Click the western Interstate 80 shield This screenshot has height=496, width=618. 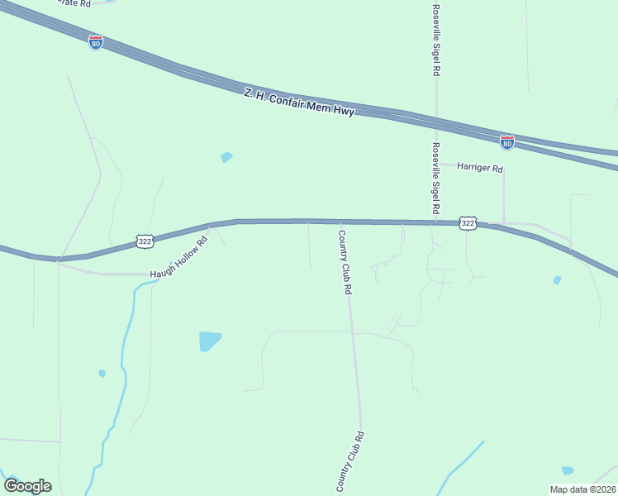click(x=96, y=42)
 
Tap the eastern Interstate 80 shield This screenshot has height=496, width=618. click(x=507, y=142)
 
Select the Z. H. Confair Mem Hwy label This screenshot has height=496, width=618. click(x=299, y=103)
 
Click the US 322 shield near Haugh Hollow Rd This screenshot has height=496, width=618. click(x=145, y=241)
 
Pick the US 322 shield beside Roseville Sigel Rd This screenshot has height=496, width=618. click(x=468, y=223)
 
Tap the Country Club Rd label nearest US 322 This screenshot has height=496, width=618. click(x=345, y=262)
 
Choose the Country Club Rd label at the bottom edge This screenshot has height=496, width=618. click(x=349, y=463)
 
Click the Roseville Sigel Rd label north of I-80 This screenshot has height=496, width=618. click(x=435, y=39)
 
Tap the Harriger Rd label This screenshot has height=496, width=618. click(x=480, y=168)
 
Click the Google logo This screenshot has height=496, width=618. click(x=27, y=485)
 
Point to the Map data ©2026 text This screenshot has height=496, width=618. click(x=582, y=489)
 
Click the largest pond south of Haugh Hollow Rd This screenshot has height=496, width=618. click(x=210, y=341)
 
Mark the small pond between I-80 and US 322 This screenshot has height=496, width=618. click(x=226, y=156)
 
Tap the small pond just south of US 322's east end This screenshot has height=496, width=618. click(x=557, y=280)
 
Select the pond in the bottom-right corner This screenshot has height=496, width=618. click(x=568, y=470)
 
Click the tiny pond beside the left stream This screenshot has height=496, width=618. click(x=102, y=374)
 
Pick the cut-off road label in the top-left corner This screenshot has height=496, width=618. click(x=74, y=3)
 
